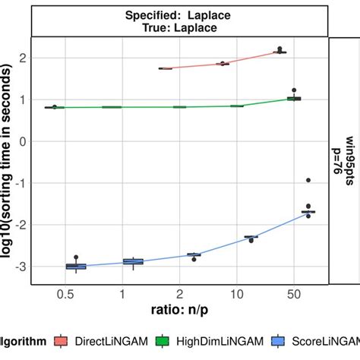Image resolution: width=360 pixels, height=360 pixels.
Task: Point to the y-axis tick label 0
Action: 24,141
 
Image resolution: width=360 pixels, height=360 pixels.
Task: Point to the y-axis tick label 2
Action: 24,58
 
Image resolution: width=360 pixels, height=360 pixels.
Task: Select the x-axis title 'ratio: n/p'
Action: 179,311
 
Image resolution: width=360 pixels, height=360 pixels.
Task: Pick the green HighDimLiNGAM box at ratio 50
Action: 293,99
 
